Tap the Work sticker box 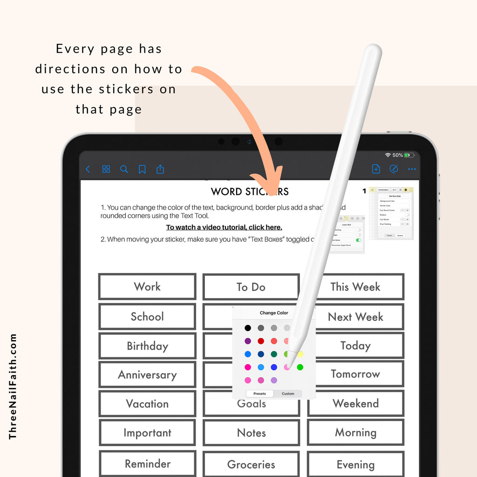coord(147,286)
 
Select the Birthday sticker coord(147,346)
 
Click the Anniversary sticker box coord(147,375)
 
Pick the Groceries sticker coord(251,464)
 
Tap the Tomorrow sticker coord(355,374)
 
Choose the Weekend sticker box coord(355,403)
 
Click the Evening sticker coord(355,464)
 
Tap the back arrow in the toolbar coord(88,169)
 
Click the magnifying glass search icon coord(124,169)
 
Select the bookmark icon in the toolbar coord(142,169)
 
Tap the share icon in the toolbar coord(160,169)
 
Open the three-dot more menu coord(412,169)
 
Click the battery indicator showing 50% coord(409,155)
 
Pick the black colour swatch coord(248,328)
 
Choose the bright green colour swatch coord(300,367)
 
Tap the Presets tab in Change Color coord(259,394)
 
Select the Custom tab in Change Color coord(288,394)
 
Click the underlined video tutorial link coord(224,227)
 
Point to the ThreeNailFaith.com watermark coord(13,386)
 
